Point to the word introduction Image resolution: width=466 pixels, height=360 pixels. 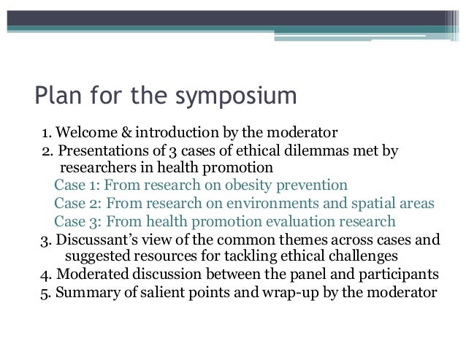pyautogui.click(x=162, y=134)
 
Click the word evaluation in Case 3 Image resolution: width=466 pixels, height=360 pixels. pyautogui.click(x=291, y=221)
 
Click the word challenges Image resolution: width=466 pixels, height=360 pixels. pyautogui.click(x=364, y=256)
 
